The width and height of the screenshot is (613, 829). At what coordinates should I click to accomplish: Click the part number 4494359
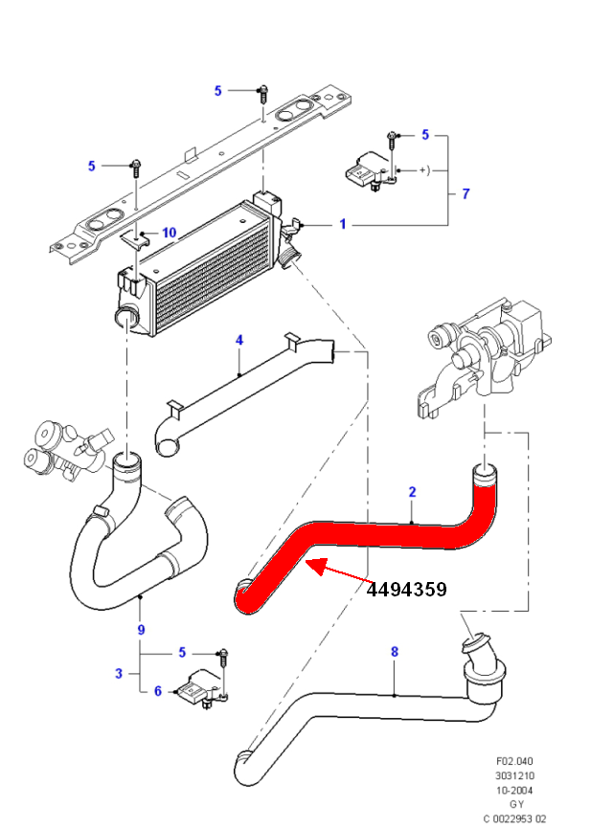click(x=406, y=590)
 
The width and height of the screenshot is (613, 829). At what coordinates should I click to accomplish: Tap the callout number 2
click(x=412, y=492)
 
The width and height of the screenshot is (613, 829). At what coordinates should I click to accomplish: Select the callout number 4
click(x=239, y=340)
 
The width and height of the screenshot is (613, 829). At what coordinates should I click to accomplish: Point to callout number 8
click(x=394, y=652)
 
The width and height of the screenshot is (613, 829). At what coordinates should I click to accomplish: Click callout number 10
click(x=169, y=233)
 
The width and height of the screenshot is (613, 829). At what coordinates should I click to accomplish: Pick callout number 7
click(x=465, y=194)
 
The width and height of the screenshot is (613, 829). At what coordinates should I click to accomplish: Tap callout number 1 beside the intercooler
click(x=342, y=225)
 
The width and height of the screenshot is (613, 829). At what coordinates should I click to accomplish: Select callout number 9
click(x=141, y=630)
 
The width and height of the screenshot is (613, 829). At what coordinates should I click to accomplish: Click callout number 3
click(x=119, y=673)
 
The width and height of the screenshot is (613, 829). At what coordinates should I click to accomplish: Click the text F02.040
click(x=515, y=762)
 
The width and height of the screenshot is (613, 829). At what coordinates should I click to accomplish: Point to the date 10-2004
click(x=515, y=791)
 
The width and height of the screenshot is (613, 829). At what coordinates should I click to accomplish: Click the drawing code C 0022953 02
click(x=515, y=818)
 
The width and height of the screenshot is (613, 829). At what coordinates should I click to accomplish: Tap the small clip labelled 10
click(x=140, y=236)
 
